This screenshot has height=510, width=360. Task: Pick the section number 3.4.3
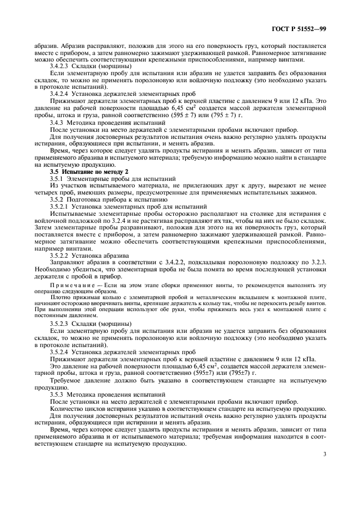[59, 123]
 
